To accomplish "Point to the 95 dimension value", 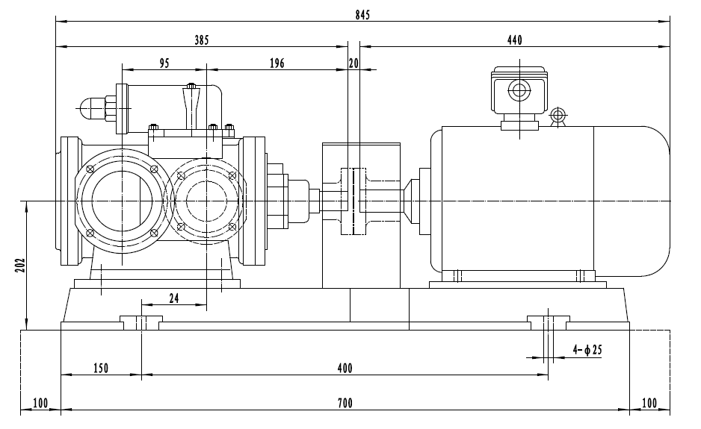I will tap(164, 64).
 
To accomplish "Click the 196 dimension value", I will tap(277, 64).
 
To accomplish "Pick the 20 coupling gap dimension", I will tap(353, 64).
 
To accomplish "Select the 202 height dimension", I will tap(20, 266).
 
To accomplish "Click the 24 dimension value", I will tap(173, 298).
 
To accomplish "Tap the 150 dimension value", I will tap(101, 368).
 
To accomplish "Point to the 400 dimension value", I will tap(344, 368).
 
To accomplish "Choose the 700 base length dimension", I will tap(344, 404).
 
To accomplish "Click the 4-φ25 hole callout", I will tap(587, 349).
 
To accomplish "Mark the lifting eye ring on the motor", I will tap(556, 116).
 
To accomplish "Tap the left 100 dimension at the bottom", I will tap(40, 404).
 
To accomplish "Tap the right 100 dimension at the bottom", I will tap(649, 404).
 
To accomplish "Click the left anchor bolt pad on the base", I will tap(141, 322).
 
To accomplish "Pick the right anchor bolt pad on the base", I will tap(549, 322).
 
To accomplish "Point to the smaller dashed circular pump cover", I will tap(206, 200).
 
